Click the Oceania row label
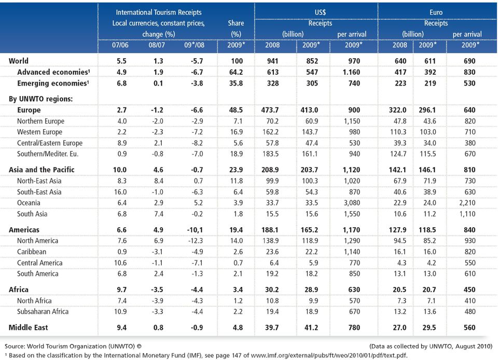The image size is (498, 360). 29,203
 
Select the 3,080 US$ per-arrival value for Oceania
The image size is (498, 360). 352,203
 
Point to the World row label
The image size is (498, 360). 19,61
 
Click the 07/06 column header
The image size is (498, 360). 120,45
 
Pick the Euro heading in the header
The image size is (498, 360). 436,12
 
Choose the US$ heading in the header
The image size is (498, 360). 320,12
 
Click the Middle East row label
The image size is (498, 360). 28,327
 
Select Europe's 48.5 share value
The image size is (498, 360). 236,110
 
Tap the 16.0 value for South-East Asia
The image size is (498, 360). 120,192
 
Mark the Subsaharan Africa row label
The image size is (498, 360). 43,311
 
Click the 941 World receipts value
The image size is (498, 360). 272,61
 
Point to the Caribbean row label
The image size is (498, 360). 32,252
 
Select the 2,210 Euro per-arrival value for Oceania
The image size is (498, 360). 467,203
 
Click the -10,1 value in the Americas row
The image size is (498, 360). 195,229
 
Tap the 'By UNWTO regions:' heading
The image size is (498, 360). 40,99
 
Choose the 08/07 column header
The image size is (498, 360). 157,45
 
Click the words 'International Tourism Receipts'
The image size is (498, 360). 159,12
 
